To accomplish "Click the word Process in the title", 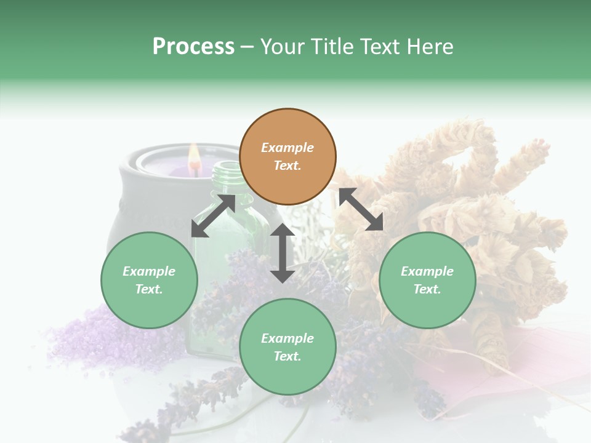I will (x=193, y=47).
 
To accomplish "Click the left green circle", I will (x=149, y=280).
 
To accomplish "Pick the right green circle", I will (x=427, y=280).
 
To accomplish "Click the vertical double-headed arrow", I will (x=283, y=253).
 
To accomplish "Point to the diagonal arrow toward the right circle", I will (x=361, y=209).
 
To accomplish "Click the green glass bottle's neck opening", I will (x=226, y=166).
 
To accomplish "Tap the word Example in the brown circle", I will (x=287, y=148).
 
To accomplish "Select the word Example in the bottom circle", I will (x=287, y=338).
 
